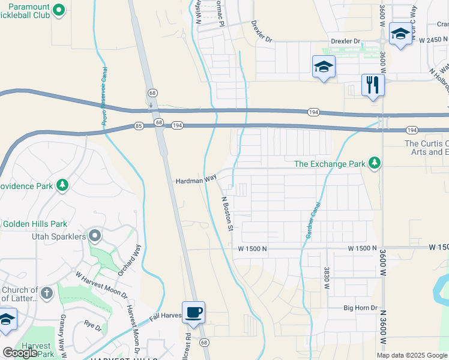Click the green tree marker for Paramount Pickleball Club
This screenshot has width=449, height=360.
58,10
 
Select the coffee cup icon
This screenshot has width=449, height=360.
193,313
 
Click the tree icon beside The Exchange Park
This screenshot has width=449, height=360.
375,163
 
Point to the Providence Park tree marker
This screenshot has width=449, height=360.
62,185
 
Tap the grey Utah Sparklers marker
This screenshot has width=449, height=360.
94,235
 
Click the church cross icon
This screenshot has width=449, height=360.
47,293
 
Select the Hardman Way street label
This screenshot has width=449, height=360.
195,180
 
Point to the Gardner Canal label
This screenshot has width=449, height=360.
313,220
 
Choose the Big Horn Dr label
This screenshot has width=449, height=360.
360,308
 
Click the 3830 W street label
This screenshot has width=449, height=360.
327,279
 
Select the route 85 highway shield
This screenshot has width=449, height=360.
139,125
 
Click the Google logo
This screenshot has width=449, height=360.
20,353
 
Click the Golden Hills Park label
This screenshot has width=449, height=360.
34,224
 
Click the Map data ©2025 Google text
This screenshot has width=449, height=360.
412,355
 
